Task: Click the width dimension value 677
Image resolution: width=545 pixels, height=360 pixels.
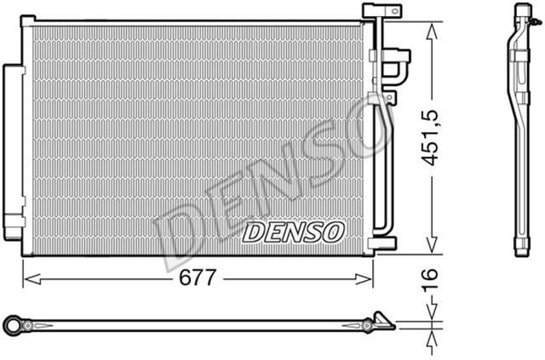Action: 198,278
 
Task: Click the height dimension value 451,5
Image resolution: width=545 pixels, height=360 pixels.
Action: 434,137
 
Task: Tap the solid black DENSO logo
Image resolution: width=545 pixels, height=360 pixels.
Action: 292,231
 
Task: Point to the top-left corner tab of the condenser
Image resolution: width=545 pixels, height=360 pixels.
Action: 29,20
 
